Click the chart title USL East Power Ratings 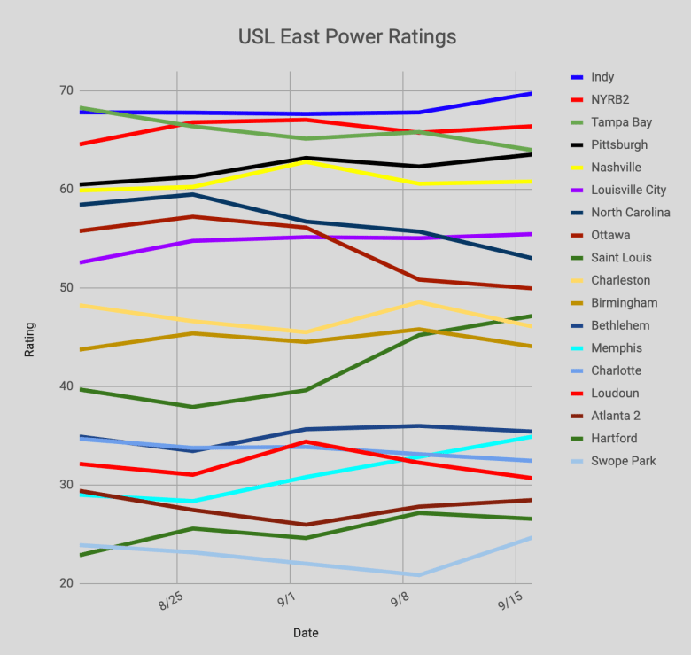[347, 37]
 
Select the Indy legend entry [602, 77]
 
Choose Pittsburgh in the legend [618, 144]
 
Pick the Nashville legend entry [616, 168]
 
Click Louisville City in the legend [628, 190]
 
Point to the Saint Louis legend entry [620, 258]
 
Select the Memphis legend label [616, 348]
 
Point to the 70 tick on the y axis [66, 90]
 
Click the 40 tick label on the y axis [66, 386]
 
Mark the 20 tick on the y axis [66, 582]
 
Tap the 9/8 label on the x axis [399, 604]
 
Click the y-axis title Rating [30, 337]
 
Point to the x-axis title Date [306, 633]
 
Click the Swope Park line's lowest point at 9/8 [418, 575]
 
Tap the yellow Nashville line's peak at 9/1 [306, 161]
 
